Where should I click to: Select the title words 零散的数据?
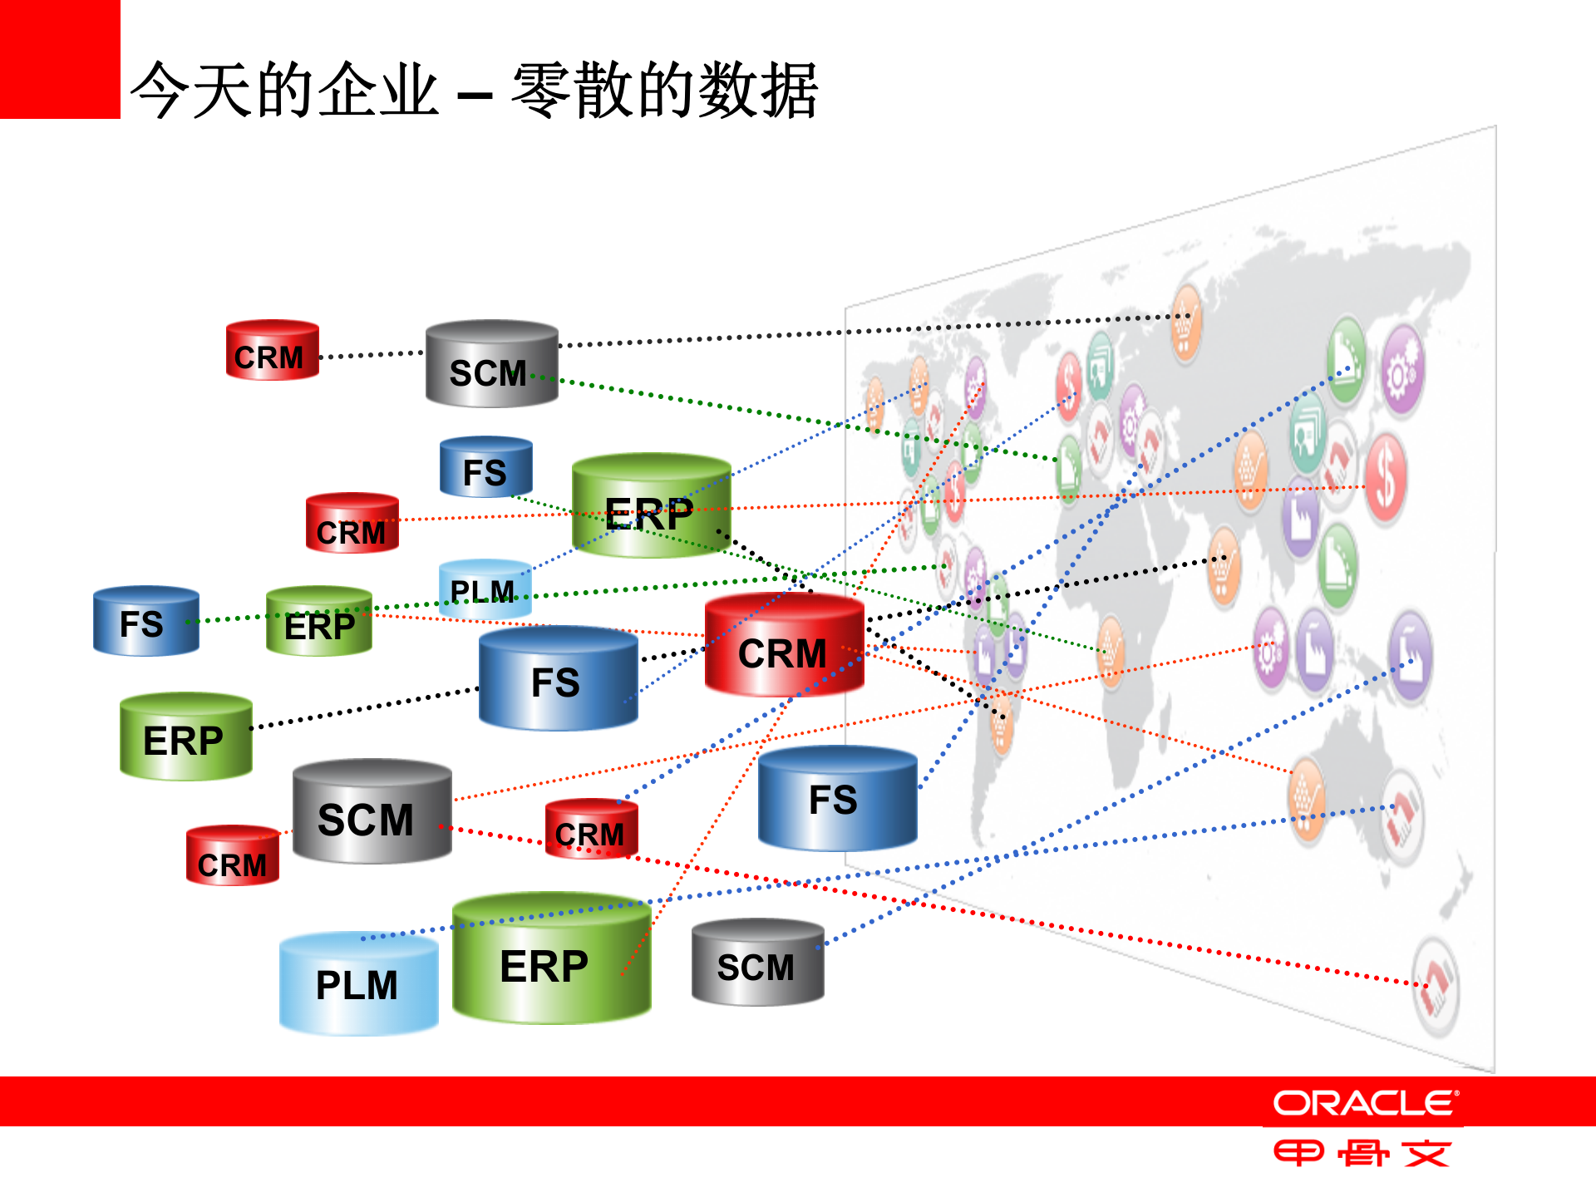665,90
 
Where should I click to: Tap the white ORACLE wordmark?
1365,1103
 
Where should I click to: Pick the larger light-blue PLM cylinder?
358,984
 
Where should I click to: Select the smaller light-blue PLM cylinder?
485,589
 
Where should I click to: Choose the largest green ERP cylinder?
551,960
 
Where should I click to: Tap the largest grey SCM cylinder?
372,812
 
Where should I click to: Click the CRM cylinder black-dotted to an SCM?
272,351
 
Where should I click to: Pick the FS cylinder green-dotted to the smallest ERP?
145,622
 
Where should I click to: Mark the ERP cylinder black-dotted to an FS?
185,737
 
